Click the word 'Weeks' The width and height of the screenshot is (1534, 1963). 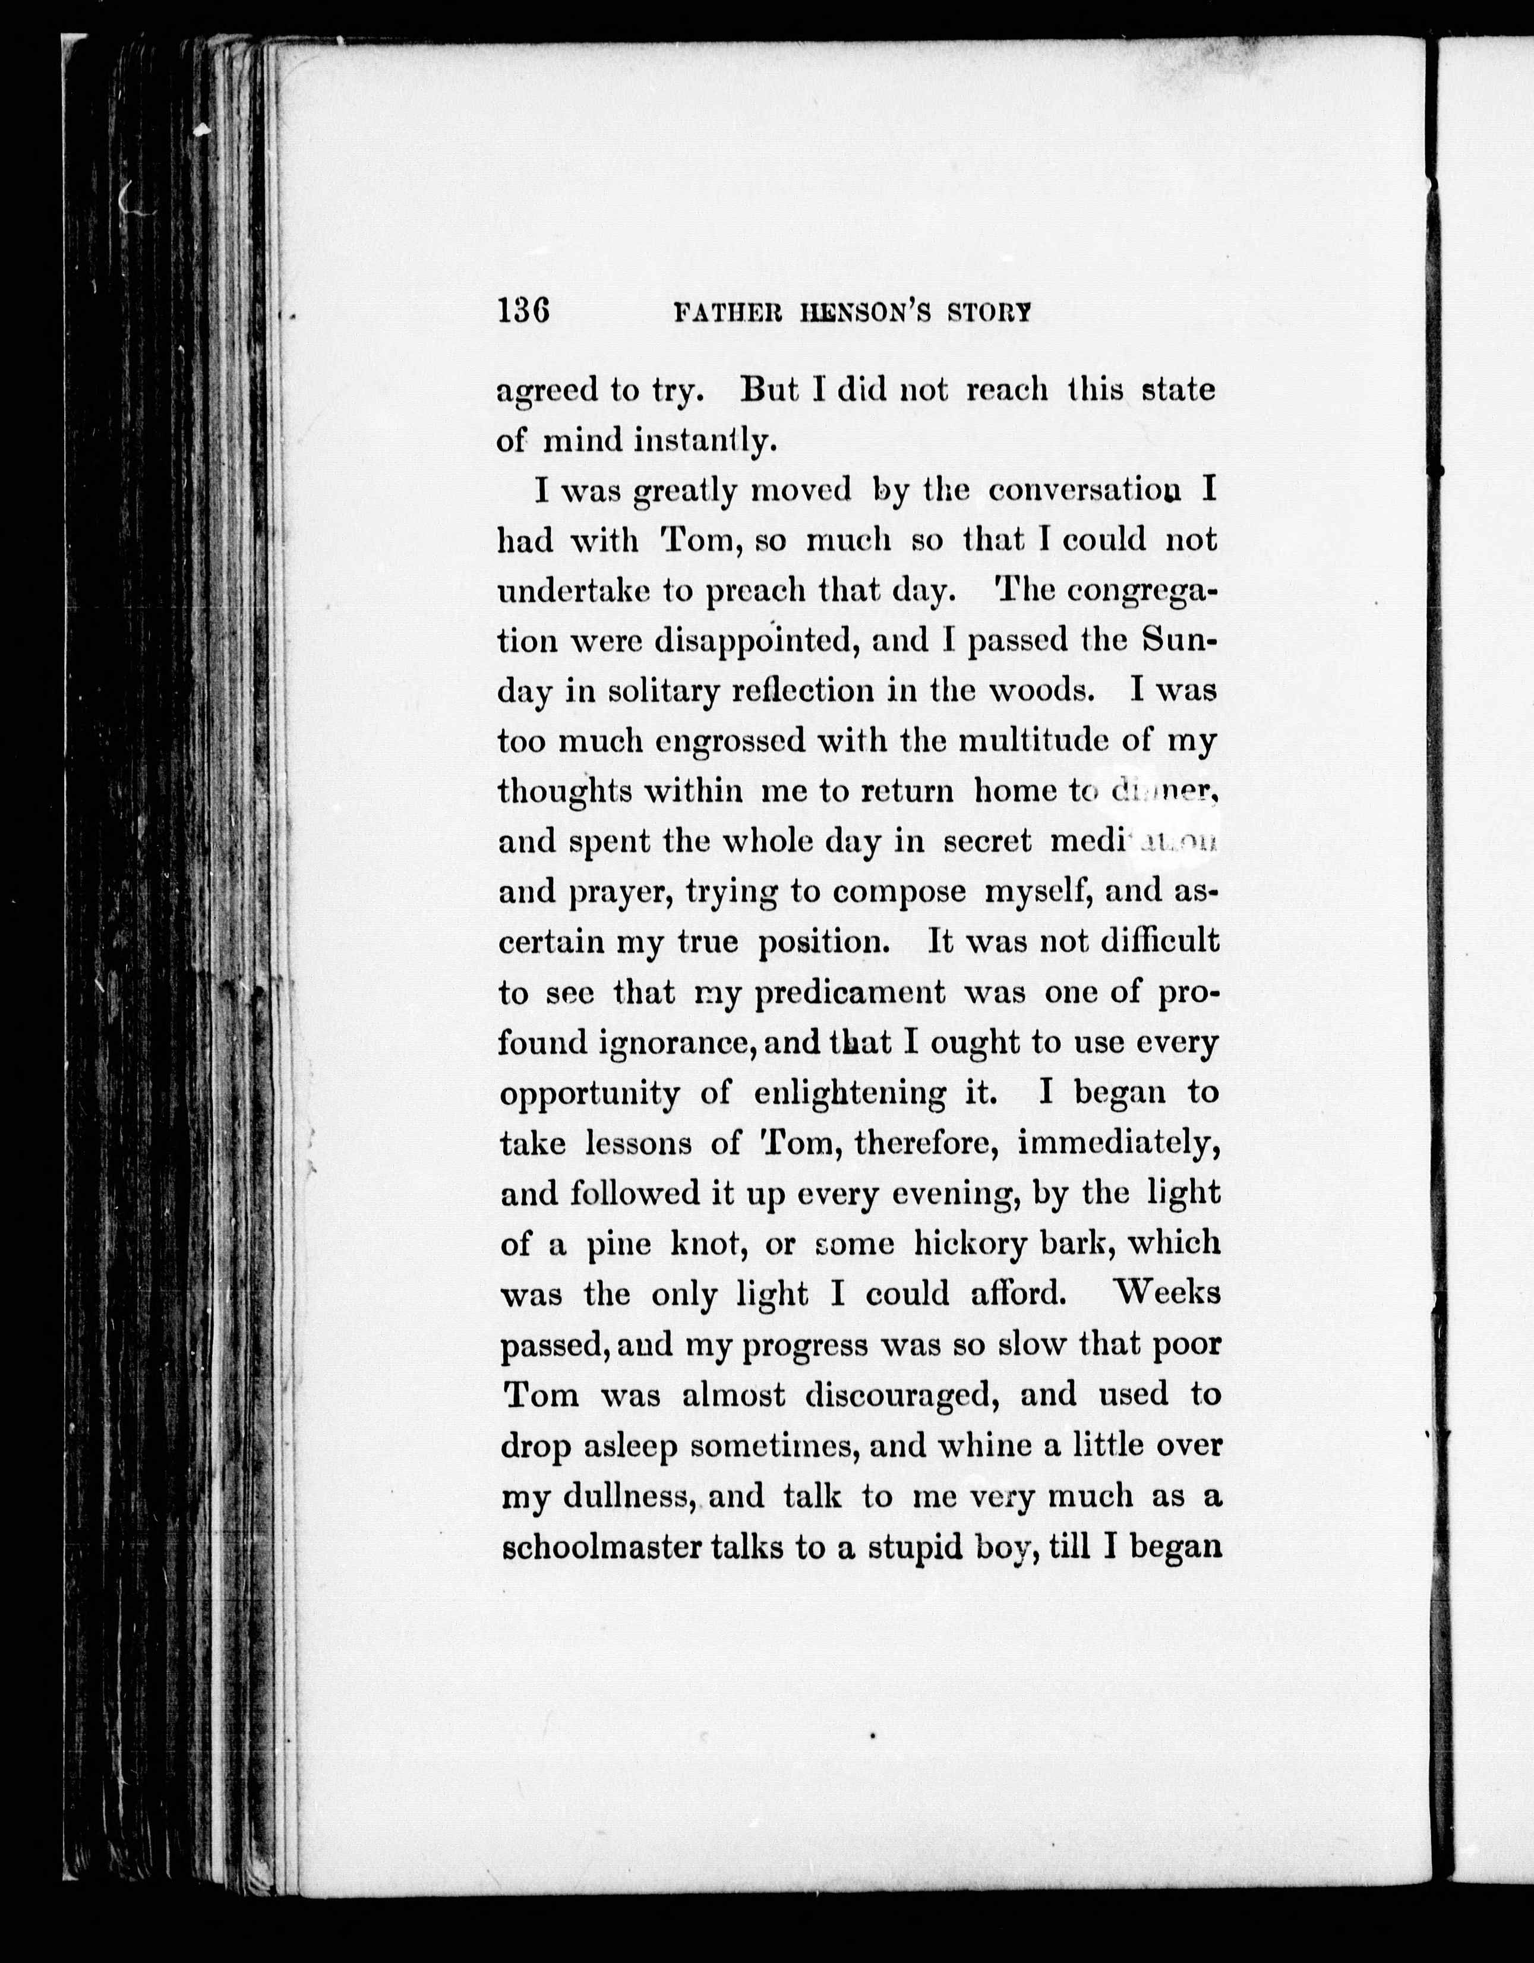click(x=1166, y=1293)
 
